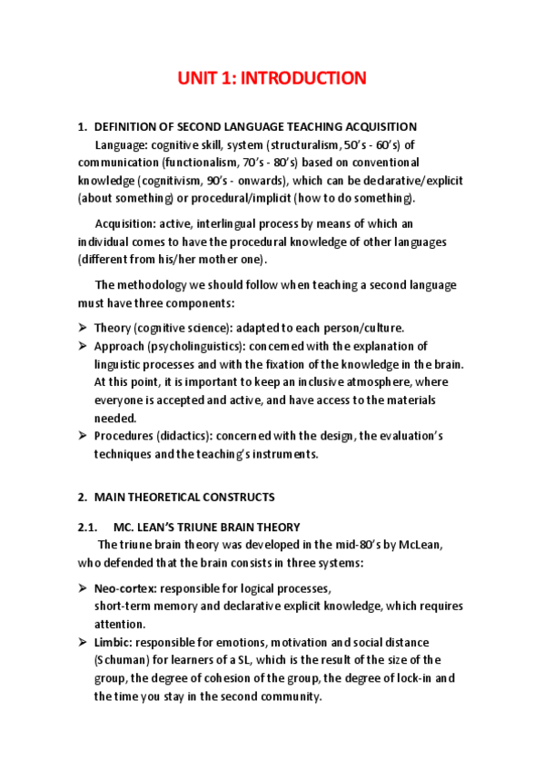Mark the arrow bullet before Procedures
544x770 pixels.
pos(82,437)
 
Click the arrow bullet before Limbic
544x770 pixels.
pos(82,642)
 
